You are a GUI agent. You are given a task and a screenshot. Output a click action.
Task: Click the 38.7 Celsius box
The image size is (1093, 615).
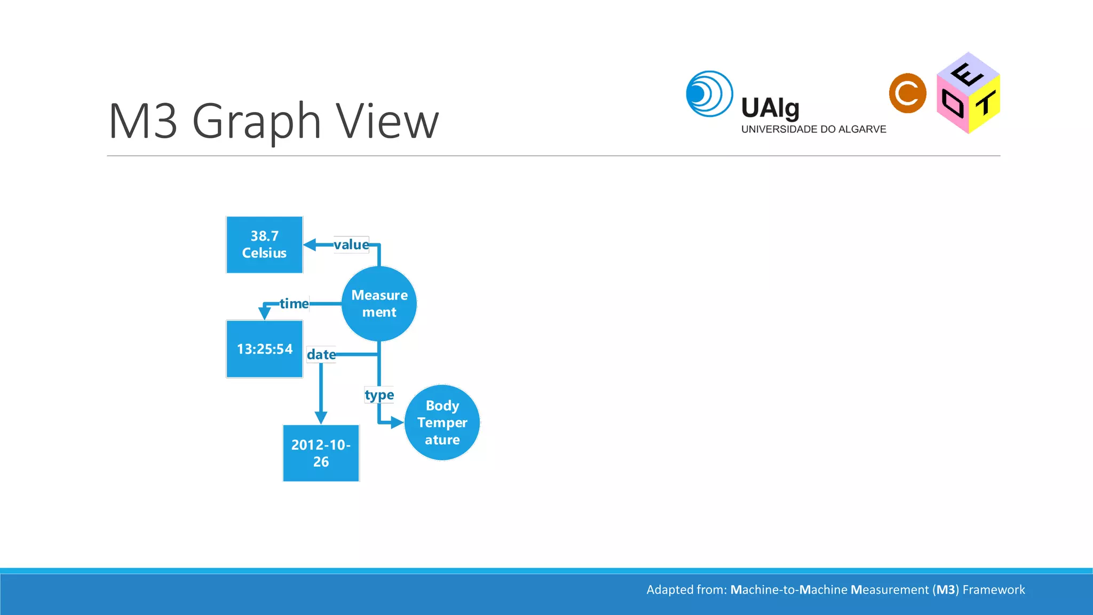pyautogui.click(x=264, y=245)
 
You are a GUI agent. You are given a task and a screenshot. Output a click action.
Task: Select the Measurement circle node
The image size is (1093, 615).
pyautogui.click(x=379, y=304)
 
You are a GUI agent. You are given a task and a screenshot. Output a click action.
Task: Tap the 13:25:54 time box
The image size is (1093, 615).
pyautogui.click(x=264, y=349)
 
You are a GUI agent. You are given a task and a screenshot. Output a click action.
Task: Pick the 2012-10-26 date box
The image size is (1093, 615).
pyautogui.click(x=321, y=453)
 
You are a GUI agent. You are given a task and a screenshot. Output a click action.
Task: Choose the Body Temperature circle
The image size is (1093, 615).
pyautogui.click(x=442, y=422)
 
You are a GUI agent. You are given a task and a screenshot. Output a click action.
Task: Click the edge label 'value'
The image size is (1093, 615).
pyautogui.click(x=351, y=245)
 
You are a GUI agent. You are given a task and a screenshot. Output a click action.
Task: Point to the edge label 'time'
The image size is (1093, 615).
pyautogui.click(x=294, y=304)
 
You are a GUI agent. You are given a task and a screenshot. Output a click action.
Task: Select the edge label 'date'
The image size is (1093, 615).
pyautogui.click(x=321, y=354)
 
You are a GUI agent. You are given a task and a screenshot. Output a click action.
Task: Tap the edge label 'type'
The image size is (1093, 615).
pyautogui.click(x=379, y=395)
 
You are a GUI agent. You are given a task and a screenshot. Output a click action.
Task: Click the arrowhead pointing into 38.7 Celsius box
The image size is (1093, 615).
pyautogui.click(x=310, y=245)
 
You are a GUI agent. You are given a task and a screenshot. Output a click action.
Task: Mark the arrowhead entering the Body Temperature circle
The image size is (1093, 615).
pyautogui.click(x=397, y=422)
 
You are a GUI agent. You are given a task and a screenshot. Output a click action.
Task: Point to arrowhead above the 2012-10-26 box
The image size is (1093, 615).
pyautogui.click(x=321, y=417)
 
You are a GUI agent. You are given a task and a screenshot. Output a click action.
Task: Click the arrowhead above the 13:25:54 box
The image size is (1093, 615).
pyautogui.click(x=264, y=313)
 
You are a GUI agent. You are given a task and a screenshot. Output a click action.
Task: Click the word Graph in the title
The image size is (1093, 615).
pyautogui.click(x=257, y=122)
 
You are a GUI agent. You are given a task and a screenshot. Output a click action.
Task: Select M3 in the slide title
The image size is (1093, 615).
pyautogui.click(x=142, y=122)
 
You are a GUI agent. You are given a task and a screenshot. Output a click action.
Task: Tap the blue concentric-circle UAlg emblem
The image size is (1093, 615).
pyautogui.click(x=709, y=94)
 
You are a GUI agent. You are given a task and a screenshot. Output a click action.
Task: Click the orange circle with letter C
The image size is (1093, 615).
pyautogui.click(x=907, y=93)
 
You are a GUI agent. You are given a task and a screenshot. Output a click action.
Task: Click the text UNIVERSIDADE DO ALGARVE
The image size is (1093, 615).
pyautogui.click(x=813, y=129)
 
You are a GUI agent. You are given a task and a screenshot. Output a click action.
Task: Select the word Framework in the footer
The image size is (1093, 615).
pyautogui.click(x=993, y=590)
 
